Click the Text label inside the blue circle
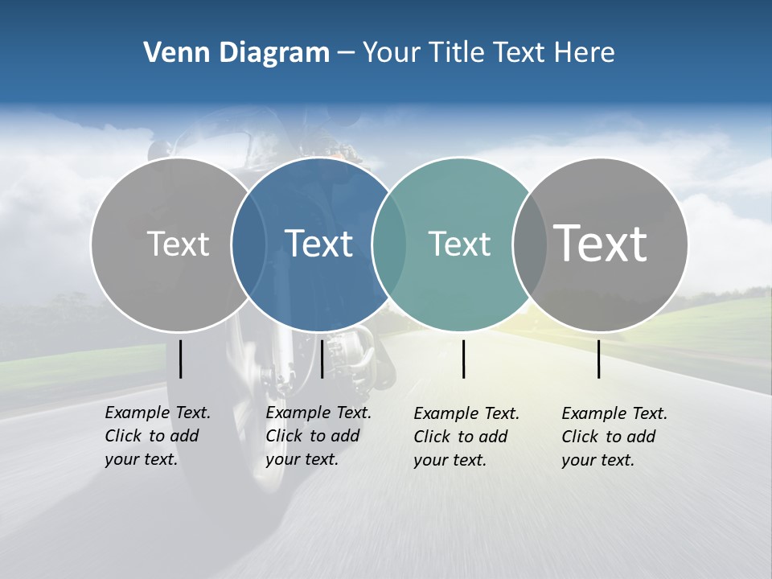[319, 244]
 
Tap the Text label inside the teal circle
[459, 244]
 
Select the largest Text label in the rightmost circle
[600, 243]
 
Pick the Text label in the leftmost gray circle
[178, 244]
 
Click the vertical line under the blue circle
[322, 359]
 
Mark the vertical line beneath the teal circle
[464, 359]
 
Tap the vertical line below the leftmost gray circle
[181, 359]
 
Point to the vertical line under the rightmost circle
[599, 359]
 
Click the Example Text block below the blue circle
[318, 436]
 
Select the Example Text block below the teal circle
[466, 437]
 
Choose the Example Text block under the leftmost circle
[157, 436]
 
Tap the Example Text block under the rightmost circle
[614, 437]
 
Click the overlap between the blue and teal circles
[388, 244]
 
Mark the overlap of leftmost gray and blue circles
[248, 244]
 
